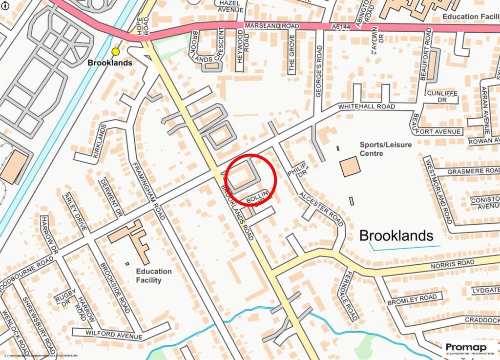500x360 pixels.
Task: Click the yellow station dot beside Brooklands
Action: pos(116,51)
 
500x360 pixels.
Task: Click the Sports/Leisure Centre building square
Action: pos(350,167)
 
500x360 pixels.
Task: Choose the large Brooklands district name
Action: pos(396,235)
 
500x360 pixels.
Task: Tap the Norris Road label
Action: pos(452,264)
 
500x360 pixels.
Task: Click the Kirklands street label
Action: pos(98,143)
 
